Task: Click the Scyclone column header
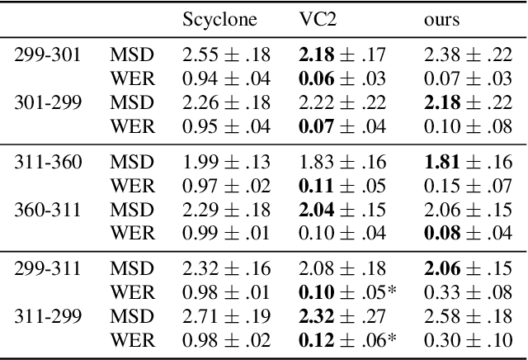point(219,19)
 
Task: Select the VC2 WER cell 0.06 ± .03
point(337,79)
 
